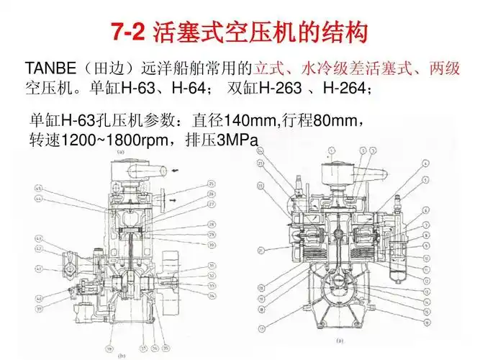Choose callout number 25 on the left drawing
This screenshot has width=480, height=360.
[210, 183]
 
